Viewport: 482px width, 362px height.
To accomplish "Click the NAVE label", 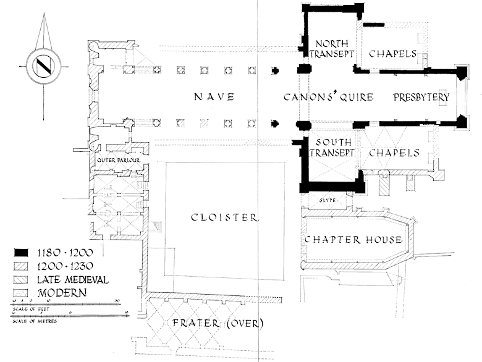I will pos(214,97).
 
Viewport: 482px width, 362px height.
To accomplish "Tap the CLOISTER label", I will pos(224,217).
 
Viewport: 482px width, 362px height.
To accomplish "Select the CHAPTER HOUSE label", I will pos(353,240).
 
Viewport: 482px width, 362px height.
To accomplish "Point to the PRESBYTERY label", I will pos(421,97).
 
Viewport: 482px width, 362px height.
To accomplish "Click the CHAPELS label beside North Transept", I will pos(394,54).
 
